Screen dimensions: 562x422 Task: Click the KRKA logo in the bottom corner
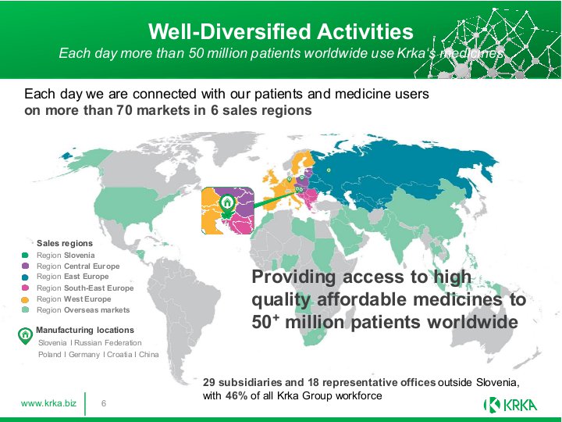[510, 405]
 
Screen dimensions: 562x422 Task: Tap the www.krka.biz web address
[48, 403]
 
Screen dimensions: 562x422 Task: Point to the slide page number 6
[104, 403]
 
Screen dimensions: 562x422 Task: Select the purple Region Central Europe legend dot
[25, 266]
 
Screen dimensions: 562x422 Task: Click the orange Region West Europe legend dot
[25, 299]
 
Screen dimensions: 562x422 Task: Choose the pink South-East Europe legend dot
[25, 288]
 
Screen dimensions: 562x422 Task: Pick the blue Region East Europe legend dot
[25, 277]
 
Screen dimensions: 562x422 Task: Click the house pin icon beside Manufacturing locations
[25, 336]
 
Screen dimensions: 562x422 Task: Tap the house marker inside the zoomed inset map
[226, 205]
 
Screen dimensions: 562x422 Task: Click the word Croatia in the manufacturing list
[119, 355]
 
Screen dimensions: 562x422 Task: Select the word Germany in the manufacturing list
[84, 355]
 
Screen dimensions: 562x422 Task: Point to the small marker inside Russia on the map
[329, 170]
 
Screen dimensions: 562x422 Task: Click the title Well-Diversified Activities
[281, 31]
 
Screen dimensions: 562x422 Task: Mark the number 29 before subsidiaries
[209, 382]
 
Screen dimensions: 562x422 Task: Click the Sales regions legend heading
[65, 243]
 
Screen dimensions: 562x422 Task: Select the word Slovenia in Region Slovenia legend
[79, 255]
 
